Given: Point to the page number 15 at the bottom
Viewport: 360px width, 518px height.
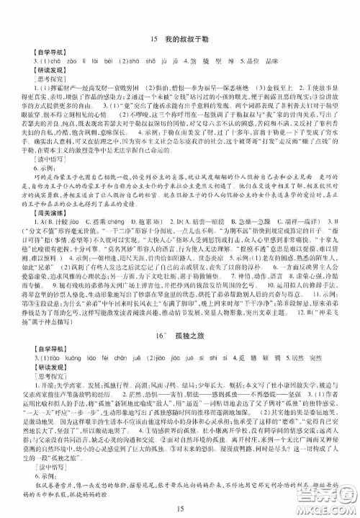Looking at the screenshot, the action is pyautogui.click(x=179, y=504).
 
